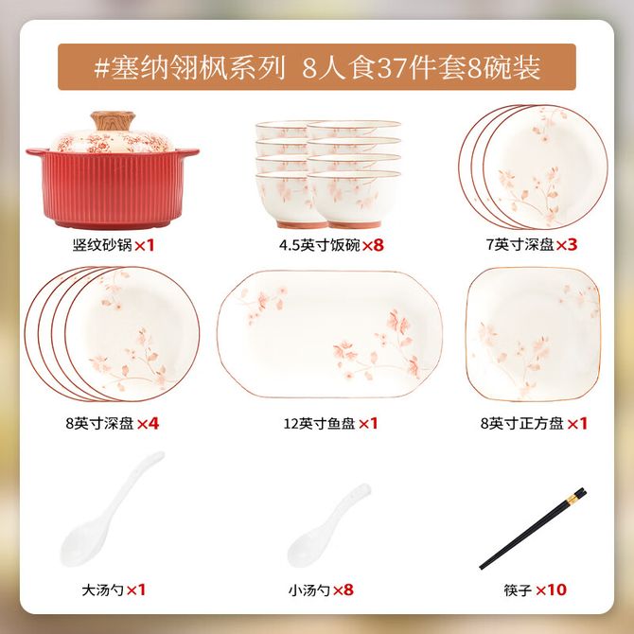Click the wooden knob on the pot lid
point(113,121)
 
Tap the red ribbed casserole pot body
point(113,188)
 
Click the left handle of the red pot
point(38,153)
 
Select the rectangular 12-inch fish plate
point(329,334)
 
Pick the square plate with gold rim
point(533,334)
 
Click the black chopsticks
point(533,528)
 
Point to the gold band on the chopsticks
point(572,500)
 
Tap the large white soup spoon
point(112,509)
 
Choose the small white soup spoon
point(328,525)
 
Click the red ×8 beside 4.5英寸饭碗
point(373,245)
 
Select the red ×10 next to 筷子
point(551,590)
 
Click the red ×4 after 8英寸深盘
point(148,423)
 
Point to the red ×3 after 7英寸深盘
point(567,244)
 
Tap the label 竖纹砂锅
point(102,245)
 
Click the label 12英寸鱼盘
point(320,423)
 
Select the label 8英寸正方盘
point(522,423)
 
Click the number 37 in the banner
point(392,67)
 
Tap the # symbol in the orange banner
point(101,67)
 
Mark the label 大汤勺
point(103,590)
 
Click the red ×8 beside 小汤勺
point(343,590)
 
